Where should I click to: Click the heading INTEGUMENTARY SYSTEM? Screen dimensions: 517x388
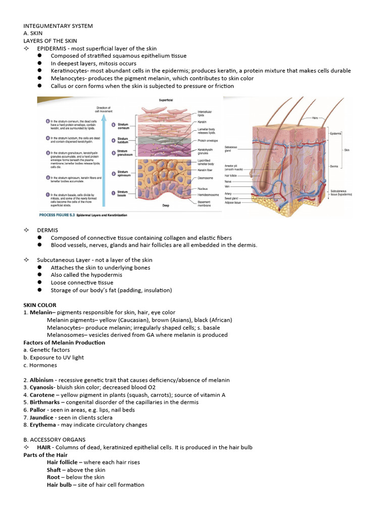[58, 26]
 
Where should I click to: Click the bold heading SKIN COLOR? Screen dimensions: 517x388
[40, 305]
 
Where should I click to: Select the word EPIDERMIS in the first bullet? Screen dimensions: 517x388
[52, 48]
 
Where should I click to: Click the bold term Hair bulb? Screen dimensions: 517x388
[60, 485]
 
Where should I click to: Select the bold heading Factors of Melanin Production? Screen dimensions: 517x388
[64, 342]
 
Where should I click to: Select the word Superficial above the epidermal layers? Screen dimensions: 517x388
[166, 100]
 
